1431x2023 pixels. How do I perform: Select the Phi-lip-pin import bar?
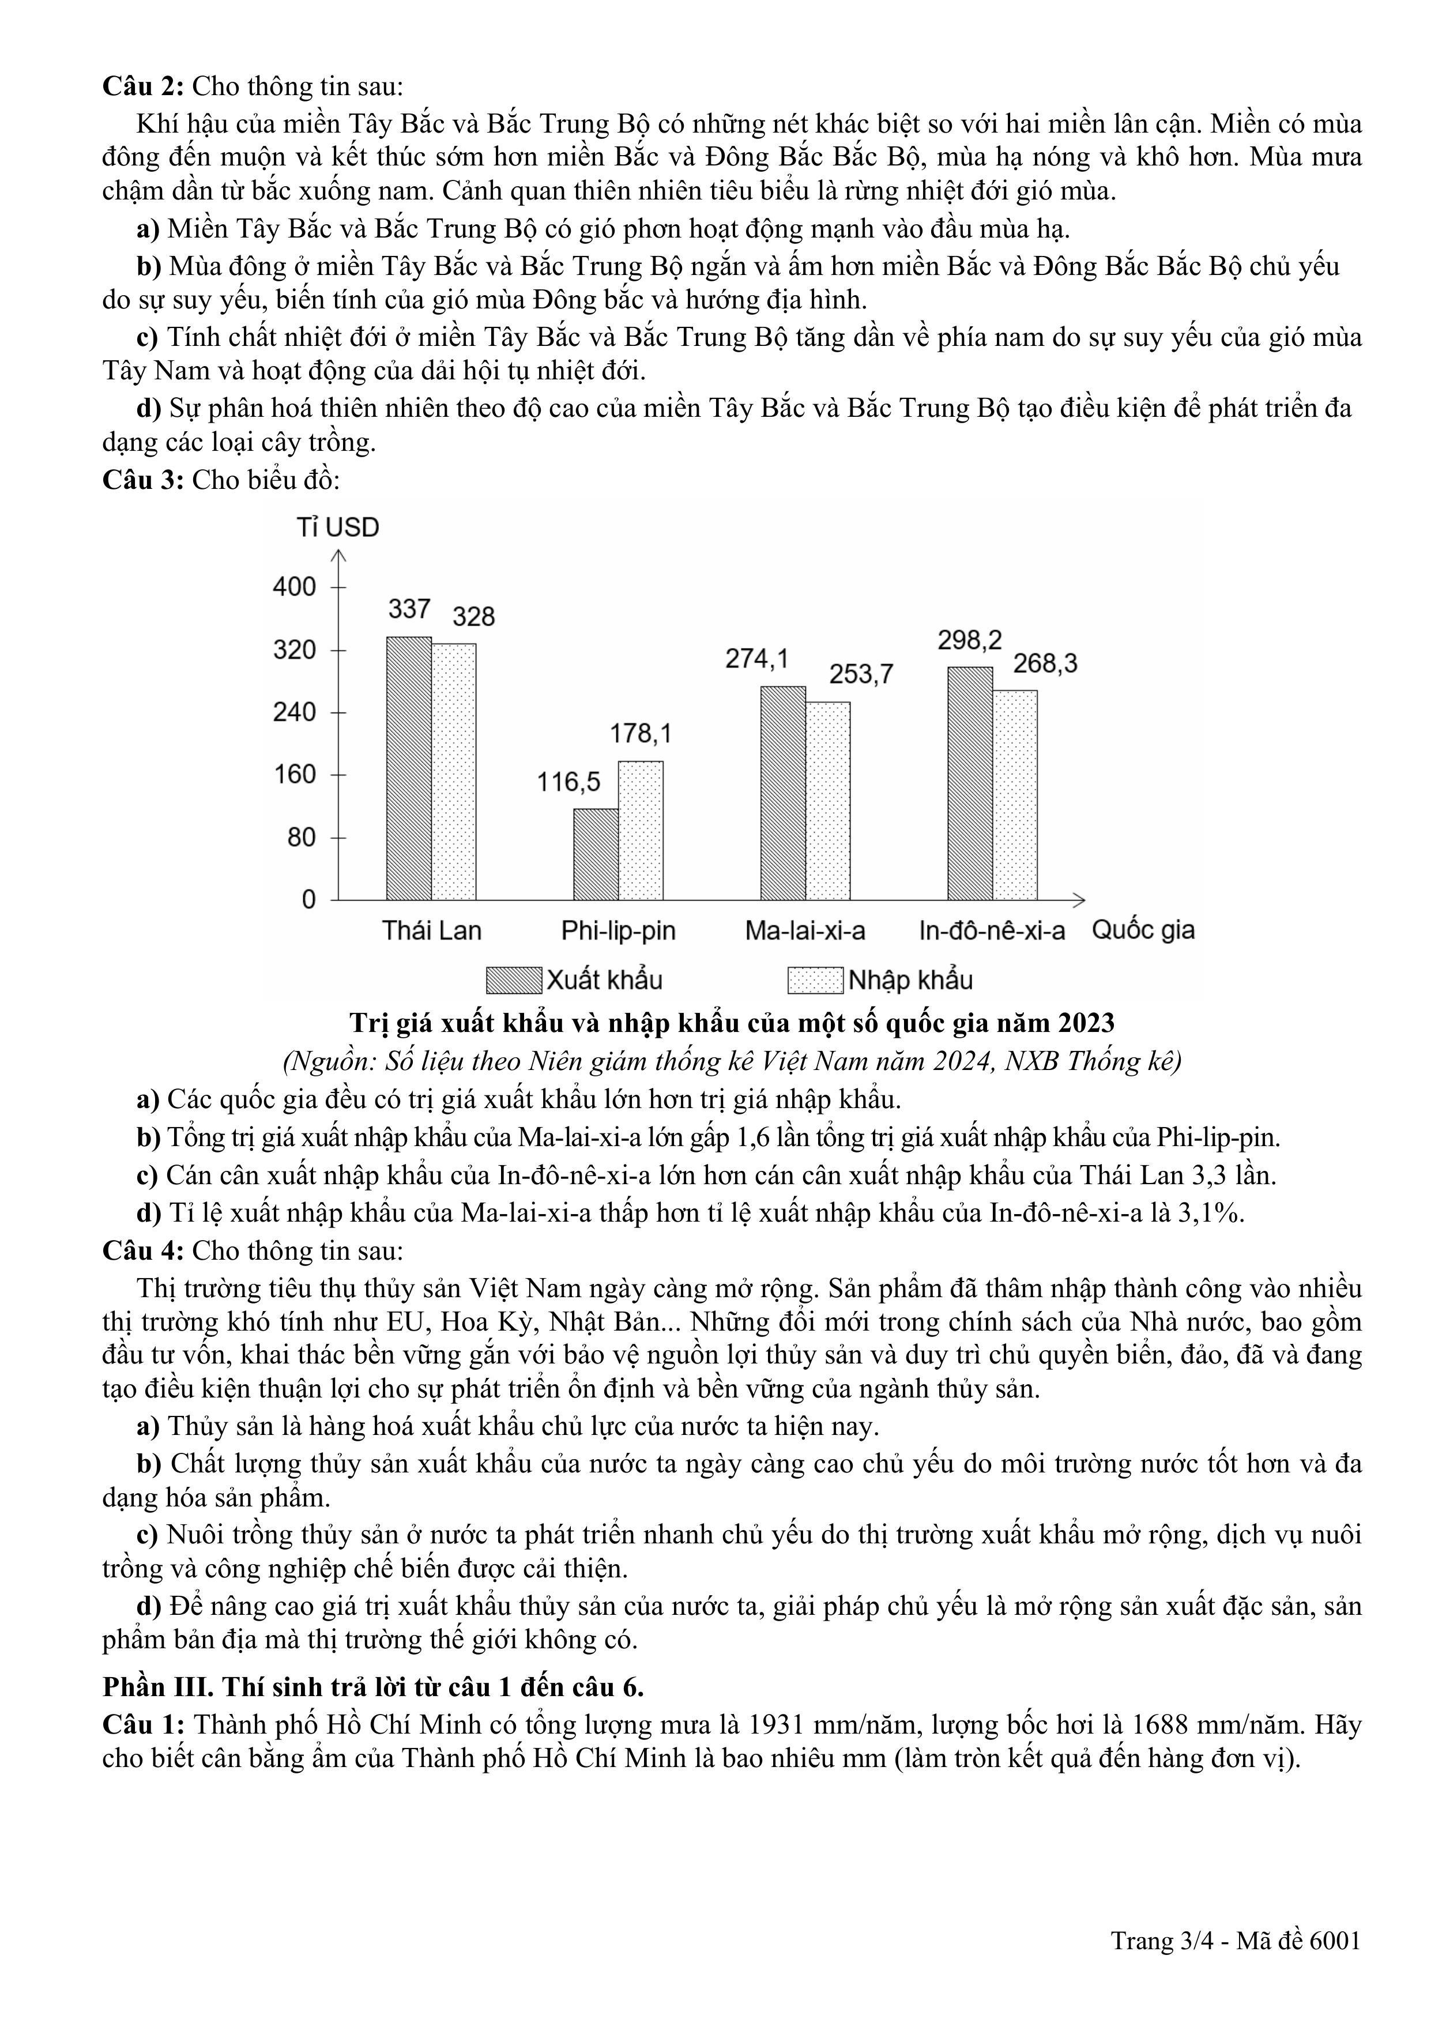pyautogui.click(x=641, y=830)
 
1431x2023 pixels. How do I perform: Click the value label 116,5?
pyautogui.click(x=568, y=782)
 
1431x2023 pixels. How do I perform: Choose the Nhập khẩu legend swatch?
pyautogui.click(x=815, y=981)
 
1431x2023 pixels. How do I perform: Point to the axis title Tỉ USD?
pyautogui.click(x=337, y=528)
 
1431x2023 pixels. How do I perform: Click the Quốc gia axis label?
pyautogui.click(x=1143, y=930)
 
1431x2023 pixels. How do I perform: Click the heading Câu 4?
pyautogui.click(x=143, y=1251)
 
